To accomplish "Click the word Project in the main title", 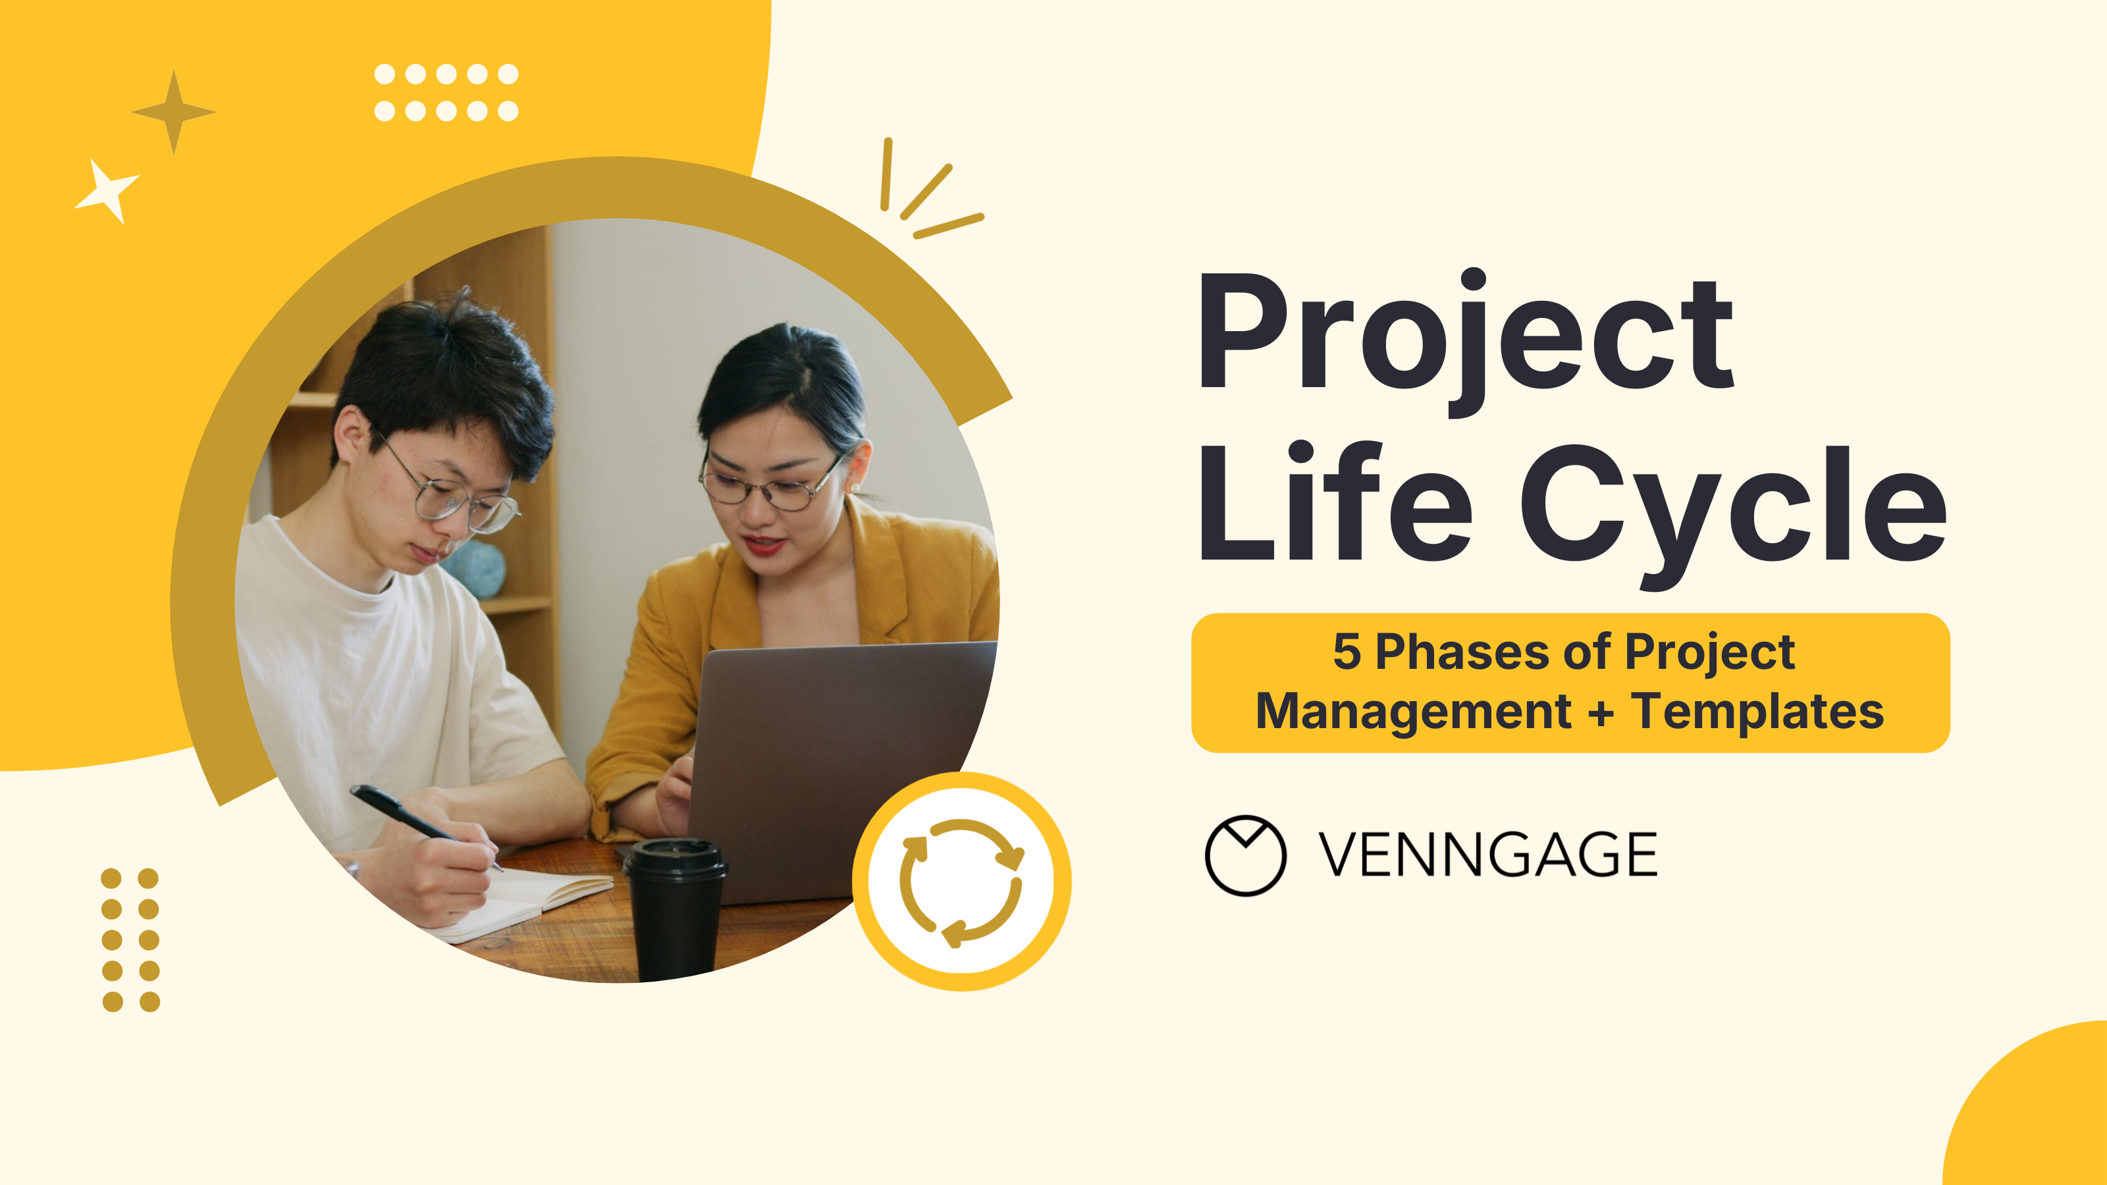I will pos(1464,335).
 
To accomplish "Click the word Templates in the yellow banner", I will pos(1758,712).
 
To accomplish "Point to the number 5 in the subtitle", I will pos(1347,652).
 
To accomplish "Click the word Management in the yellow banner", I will pos(1412,712).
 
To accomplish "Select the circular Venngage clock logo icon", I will pos(1245,855).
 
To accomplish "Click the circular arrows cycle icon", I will pos(962,882).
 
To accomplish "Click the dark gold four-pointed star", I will pos(173,112).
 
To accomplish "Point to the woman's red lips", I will pos(763,543).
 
